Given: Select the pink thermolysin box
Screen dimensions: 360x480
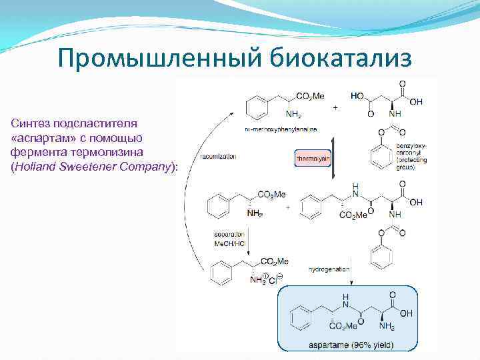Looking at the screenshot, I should coord(313,159).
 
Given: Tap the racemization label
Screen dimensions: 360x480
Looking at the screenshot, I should coord(218,157).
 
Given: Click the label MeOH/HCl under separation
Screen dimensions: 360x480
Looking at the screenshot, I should coord(229,243).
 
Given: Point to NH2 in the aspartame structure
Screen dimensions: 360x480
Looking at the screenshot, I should coord(387,327).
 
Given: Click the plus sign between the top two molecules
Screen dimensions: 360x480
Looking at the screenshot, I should coord(335,106).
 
